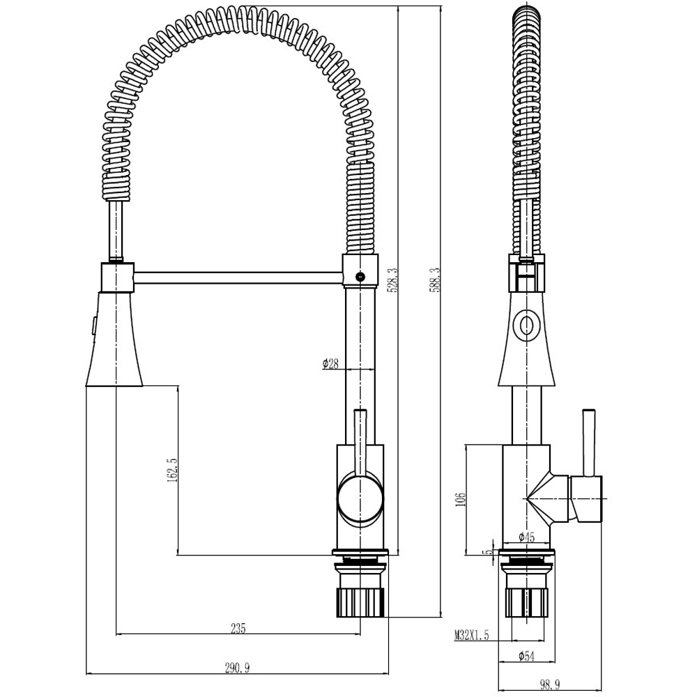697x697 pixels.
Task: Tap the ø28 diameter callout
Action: (x=330, y=363)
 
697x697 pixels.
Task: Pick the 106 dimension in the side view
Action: (x=459, y=500)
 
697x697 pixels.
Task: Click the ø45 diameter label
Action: (x=526, y=537)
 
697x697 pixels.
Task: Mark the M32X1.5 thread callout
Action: (x=472, y=635)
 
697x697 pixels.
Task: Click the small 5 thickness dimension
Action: (x=489, y=551)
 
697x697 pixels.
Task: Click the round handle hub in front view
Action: (x=360, y=497)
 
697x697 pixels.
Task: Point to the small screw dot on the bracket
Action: (x=360, y=276)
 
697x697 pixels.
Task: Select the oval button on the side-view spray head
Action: (x=526, y=324)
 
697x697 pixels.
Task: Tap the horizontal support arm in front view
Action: (x=237, y=277)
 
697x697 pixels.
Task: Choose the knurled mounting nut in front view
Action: (x=360, y=601)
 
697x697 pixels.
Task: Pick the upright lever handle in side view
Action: (x=588, y=439)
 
